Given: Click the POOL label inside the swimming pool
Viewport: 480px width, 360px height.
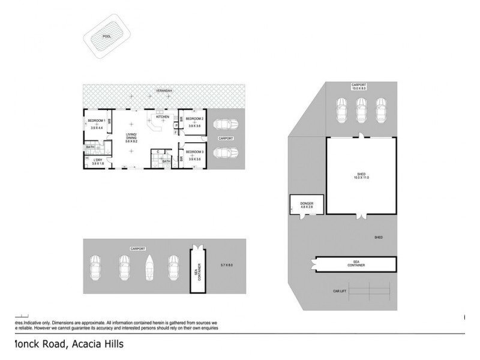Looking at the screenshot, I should click(x=107, y=36).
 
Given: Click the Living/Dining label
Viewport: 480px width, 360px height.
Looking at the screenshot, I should click(x=131, y=137).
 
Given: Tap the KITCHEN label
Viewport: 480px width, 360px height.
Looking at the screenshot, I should click(x=163, y=116).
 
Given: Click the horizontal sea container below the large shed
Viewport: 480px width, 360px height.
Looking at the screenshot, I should click(x=356, y=265).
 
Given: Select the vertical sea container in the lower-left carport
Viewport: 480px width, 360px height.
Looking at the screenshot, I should click(x=196, y=269).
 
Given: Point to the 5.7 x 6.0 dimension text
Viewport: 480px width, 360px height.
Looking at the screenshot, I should click(x=226, y=265).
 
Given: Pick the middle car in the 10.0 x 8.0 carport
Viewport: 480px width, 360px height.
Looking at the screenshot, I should click(x=361, y=109).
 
